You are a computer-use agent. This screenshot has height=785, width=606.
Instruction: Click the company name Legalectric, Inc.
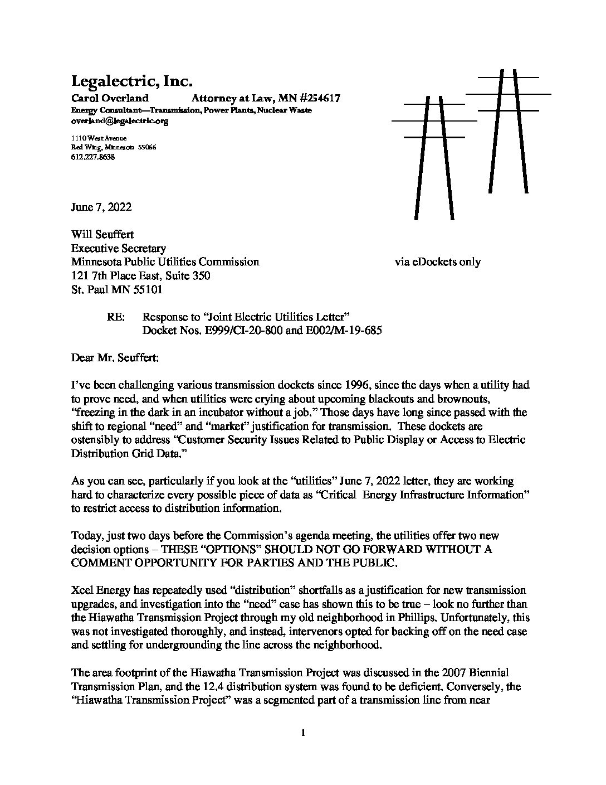(131, 82)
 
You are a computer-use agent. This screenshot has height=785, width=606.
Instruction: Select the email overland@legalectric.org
(120, 120)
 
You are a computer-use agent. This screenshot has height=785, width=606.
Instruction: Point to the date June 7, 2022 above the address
(101, 207)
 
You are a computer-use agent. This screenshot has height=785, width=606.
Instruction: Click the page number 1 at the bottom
(303, 733)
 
